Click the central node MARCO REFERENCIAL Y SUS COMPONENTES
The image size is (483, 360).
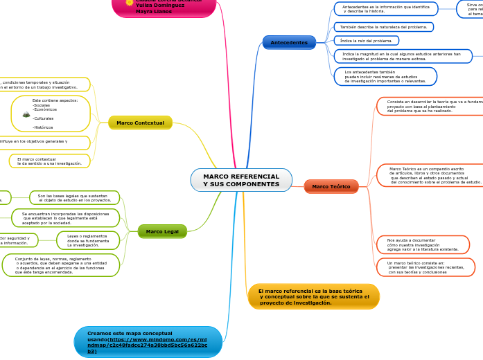pyautogui.click(x=241, y=180)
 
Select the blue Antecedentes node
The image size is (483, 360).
pyautogui.click(x=289, y=42)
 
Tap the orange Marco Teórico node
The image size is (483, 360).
pyautogui.click(x=331, y=186)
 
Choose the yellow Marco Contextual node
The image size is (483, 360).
pyautogui.click(x=140, y=123)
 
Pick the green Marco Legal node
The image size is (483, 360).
pyautogui.click(x=162, y=231)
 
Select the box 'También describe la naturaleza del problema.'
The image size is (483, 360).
pyautogui.click(x=383, y=27)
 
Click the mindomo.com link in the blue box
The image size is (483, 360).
pyautogui.click(x=147, y=342)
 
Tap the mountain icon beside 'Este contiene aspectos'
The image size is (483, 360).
pyautogui.click(x=26, y=114)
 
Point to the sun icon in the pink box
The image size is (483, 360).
pyautogui.click(x=129, y=3)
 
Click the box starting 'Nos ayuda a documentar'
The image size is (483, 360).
pyautogui.click(x=423, y=244)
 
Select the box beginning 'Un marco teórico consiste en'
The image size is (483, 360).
pyautogui.click(x=425, y=267)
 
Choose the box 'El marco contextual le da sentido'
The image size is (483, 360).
pyautogui.click(x=49, y=161)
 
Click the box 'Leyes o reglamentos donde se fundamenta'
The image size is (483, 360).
pyautogui.click(x=88, y=240)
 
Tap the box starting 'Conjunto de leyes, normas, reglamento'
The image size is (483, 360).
pyautogui.click(x=61, y=265)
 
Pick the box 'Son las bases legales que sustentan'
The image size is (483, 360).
pyautogui.click(x=74, y=198)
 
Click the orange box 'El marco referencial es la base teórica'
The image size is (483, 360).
pyautogui.click(x=313, y=296)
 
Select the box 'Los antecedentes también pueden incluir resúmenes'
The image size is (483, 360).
pyautogui.click(x=385, y=76)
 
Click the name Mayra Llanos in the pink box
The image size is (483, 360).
pyautogui.click(x=153, y=11)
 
